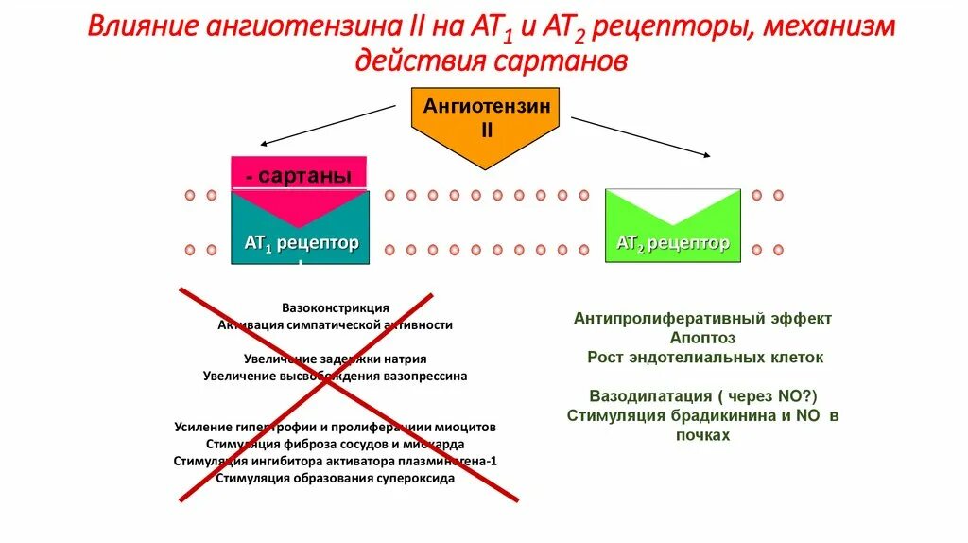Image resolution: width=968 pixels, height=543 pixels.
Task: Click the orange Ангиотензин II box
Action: pyautogui.click(x=485, y=118)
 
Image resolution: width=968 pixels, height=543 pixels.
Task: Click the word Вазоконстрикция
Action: pyautogui.click(x=335, y=308)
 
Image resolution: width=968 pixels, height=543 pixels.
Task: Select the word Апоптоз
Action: pyautogui.click(x=702, y=338)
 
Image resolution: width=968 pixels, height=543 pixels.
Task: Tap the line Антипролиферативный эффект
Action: pyautogui.click(x=702, y=319)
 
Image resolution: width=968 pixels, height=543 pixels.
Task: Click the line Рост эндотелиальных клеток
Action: pyautogui.click(x=704, y=358)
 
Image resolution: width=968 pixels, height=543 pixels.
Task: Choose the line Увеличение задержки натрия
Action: pyautogui.click(x=335, y=359)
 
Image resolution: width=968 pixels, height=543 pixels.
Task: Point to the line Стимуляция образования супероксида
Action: pyautogui.click(x=335, y=478)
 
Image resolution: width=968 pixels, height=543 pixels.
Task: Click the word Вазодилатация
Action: pyautogui.click(x=648, y=395)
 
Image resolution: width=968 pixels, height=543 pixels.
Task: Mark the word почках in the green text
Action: pyautogui.click(x=703, y=435)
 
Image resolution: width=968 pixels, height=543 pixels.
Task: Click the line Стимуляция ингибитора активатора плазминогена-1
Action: pyautogui.click(x=335, y=461)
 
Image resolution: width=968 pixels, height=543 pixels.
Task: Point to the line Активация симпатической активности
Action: pyautogui.click(x=335, y=324)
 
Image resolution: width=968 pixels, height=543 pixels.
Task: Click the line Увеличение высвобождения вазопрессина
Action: pyautogui.click(x=335, y=376)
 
